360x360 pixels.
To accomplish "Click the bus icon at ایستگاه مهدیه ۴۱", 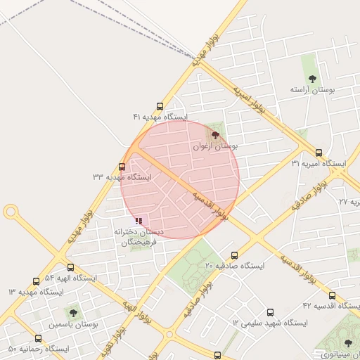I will [x=160, y=106].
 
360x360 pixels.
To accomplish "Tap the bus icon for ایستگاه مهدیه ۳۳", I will [x=123, y=167].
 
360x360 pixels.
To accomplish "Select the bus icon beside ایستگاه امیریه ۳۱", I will [x=319, y=153].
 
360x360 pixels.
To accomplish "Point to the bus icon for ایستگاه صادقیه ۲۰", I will [x=234, y=256].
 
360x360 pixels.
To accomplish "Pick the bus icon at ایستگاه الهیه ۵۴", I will [x=70, y=267].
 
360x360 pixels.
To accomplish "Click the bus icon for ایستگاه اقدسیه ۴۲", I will [x=332, y=295].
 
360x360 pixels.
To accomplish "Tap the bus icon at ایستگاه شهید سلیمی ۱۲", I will [x=270, y=312].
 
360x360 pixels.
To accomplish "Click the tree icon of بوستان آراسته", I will [x=313, y=79].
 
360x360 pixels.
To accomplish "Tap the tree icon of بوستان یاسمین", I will [x=73, y=313].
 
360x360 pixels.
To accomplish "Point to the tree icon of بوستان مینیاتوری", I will [x=347, y=343].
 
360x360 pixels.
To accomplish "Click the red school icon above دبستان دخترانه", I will [x=139, y=221].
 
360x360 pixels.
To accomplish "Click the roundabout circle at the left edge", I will [x=11, y=211].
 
